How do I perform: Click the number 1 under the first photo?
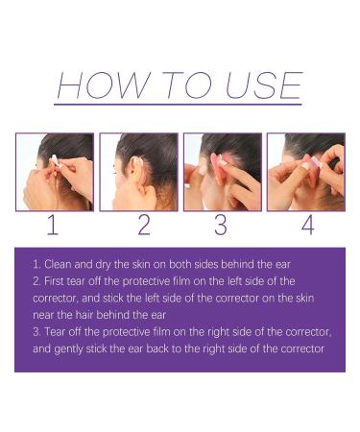pyautogui.click(x=53, y=227)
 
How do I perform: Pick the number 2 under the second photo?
pyautogui.click(x=143, y=227)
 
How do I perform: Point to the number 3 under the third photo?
pyautogui.click(x=220, y=227)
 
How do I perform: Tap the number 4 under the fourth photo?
pyautogui.click(x=307, y=227)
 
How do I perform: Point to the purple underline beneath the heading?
pyautogui.click(x=179, y=103)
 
